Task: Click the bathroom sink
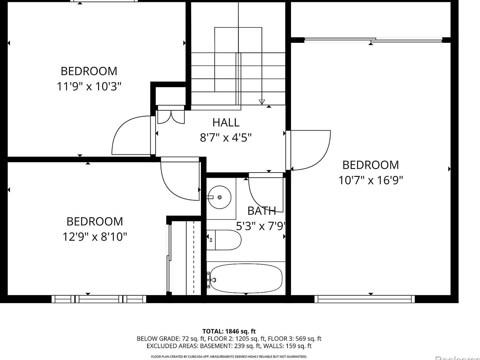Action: click(x=220, y=197)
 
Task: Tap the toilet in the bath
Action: click(x=224, y=240)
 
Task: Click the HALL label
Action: click(x=226, y=122)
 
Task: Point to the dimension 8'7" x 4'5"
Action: click(x=226, y=137)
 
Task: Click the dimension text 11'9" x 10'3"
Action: click(x=89, y=86)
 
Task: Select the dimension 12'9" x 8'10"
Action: click(x=95, y=237)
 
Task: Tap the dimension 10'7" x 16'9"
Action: click(x=371, y=180)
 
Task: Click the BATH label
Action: click(x=262, y=211)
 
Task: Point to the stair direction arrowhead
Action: click(x=262, y=102)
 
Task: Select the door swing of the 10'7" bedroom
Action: click(x=311, y=150)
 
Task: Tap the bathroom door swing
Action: click(x=266, y=194)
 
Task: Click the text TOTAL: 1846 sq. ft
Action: click(x=229, y=331)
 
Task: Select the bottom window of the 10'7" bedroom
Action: click(x=364, y=299)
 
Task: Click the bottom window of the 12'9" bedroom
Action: click(x=99, y=299)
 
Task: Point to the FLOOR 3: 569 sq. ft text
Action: click(x=295, y=338)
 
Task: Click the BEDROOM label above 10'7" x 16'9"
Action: click(x=371, y=165)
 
